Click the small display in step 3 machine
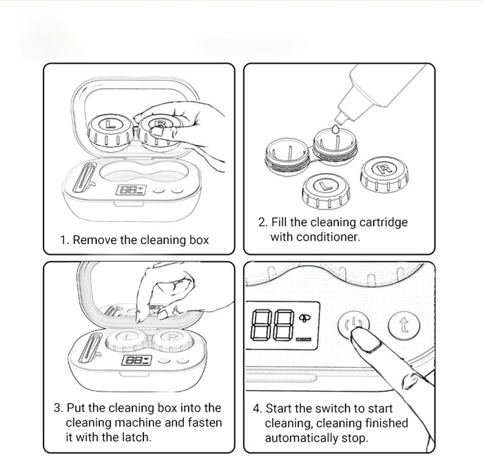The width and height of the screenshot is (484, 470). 134,361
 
